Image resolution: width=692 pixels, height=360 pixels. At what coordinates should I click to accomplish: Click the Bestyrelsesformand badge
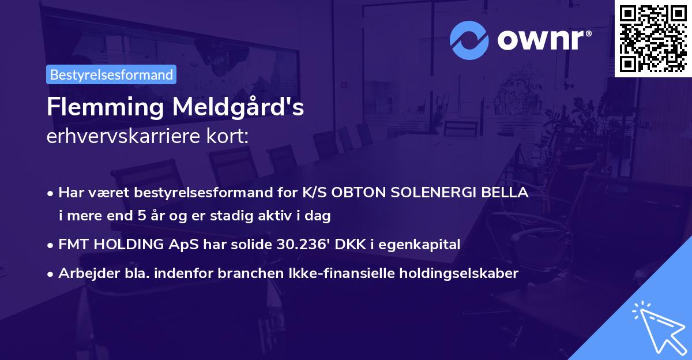(x=111, y=74)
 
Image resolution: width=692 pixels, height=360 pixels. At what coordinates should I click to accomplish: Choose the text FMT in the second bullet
(x=74, y=245)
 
